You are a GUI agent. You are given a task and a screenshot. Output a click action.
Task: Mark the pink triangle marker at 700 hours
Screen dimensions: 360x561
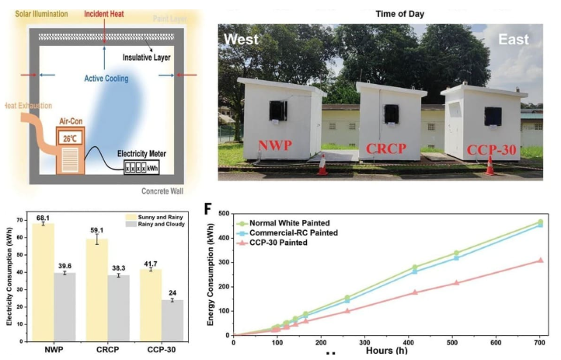point(540,260)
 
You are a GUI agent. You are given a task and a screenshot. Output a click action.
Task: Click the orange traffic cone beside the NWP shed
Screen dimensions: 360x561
point(322,166)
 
